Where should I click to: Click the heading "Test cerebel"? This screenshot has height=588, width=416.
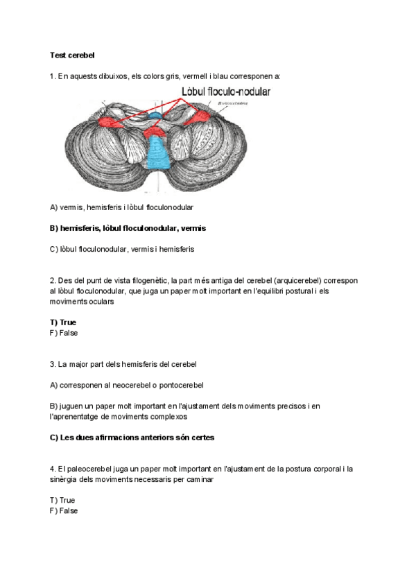coord(72,54)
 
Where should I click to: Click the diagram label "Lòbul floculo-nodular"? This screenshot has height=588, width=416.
coord(226,92)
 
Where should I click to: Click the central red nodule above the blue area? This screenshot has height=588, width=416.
coord(155,130)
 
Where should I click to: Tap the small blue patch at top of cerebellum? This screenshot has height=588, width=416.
coord(157,112)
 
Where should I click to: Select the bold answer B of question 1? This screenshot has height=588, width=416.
coord(128,228)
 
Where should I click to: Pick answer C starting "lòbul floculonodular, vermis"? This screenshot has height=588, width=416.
coord(122,249)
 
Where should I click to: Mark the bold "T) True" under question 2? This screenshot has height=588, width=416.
coord(63,322)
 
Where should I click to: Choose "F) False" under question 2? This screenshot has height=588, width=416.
coord(64,333)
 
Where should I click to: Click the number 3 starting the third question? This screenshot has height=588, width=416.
coord(53,364)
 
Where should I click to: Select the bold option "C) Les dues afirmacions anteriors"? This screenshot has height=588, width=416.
coord(132,438)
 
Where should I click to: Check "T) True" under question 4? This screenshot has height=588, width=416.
coord(62,500)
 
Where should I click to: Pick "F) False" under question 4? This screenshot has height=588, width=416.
coord(64,511)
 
